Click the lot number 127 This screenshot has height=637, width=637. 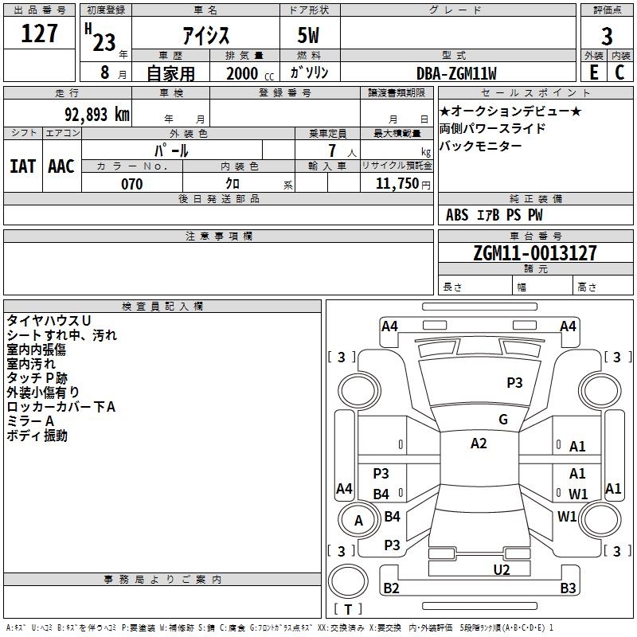(x=39, y=33)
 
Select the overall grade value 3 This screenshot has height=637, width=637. (x=607, y=36)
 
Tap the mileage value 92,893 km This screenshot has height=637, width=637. (x=97, y=115)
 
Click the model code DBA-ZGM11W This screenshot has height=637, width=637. (x=456, y=73)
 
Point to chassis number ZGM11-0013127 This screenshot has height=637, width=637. (x=535, y=253)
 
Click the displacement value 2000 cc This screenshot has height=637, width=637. (x=250, y=73)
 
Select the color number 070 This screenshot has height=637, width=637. (x=132, y=184)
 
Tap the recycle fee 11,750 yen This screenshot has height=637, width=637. (x=403, y=184)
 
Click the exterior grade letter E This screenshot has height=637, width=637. (x=593, y=72)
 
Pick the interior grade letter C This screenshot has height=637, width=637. (x=619, y=72)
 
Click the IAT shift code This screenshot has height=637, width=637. (x=23, y=166)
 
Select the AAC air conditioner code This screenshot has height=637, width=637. (x=61, y=166)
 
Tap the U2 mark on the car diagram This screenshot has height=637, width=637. (x=502, y=570)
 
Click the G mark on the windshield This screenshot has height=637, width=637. (x=503, y=420)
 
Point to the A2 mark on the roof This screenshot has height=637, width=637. (x=479, y=444)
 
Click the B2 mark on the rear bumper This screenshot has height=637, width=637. (x=391, y=588)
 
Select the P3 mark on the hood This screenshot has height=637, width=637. (x=514, y=383)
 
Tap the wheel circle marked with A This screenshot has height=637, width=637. (x=358, y=520)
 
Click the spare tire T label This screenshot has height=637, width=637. (x=348, y=609)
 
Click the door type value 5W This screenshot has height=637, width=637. (x=308, y=35)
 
